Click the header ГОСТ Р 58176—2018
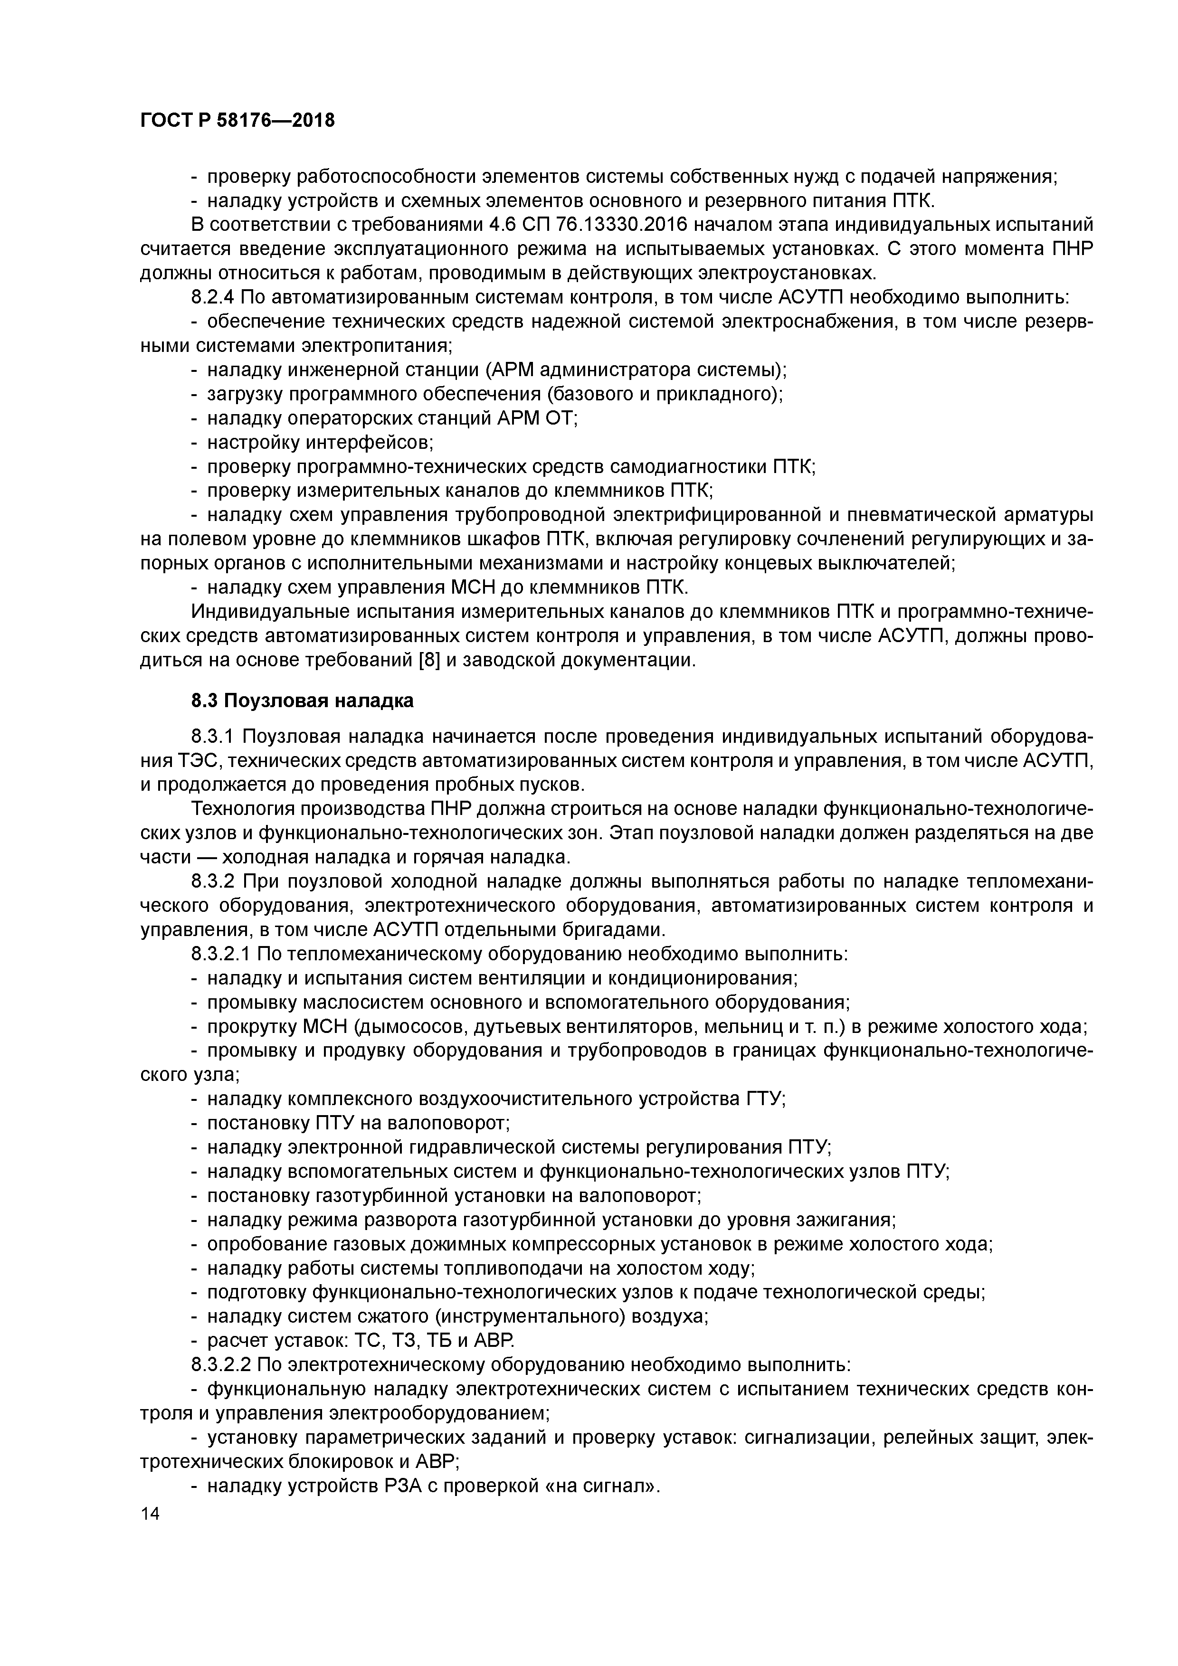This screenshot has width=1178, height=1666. pyautogui.click(x=237, y=121)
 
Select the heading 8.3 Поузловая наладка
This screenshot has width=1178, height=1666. pyautogui.click(x=302, y=700)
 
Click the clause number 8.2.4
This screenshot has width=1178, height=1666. pyautogui.click(x=213, y=297)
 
